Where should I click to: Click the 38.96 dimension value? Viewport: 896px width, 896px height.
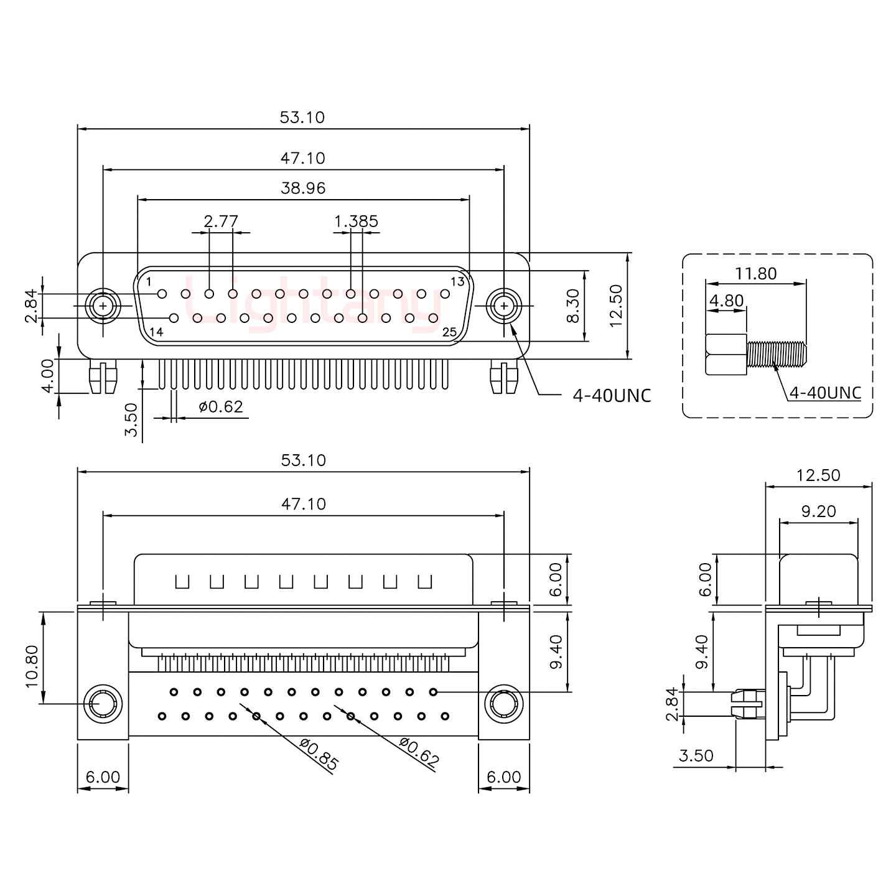click(x=303, y=188)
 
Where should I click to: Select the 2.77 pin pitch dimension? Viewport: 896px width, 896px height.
click(x=221, y=221)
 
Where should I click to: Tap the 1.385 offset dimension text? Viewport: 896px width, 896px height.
click(x=356, y=221)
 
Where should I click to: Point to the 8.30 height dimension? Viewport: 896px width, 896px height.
click(x=573, y=306)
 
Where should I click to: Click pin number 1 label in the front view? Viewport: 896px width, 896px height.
click(x=149, y=282)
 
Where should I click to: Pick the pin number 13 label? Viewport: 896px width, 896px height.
click(x=457, y=282)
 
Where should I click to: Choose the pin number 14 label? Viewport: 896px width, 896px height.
click(x=156, y=332)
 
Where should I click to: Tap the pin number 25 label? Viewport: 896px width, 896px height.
click(x=449, y=332)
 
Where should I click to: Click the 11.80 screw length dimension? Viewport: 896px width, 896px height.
click(x=756, y=273)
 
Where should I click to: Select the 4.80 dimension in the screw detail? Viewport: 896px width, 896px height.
click(x=726, y=301)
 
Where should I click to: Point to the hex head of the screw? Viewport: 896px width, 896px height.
click(x=726, y=355)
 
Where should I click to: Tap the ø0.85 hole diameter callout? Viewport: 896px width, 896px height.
click(x=319, y=754)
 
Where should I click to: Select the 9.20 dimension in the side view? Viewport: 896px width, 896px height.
click(x=818, y=511)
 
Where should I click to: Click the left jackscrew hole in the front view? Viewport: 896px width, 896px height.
click(x=103, y=306)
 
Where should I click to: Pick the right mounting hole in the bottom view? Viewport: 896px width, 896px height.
click(x=503, y=705)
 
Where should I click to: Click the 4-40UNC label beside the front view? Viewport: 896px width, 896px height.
click(x=612, y=395)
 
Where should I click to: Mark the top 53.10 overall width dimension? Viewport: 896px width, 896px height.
click(x=302, y=117)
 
